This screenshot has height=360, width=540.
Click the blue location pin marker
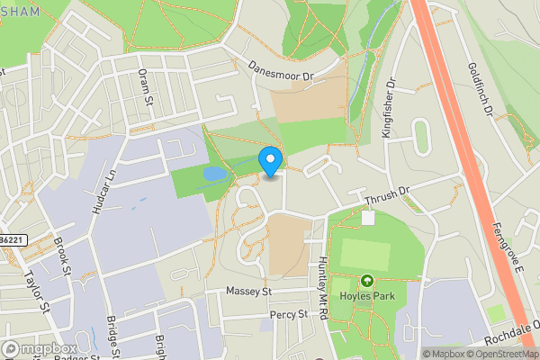[271, 161]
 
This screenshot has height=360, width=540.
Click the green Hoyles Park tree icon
[366, 280]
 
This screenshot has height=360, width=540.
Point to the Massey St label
[248, 292]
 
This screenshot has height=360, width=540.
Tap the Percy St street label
[288, 315]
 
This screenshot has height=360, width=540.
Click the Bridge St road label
[112, 334]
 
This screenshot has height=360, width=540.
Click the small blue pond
[214, 173]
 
